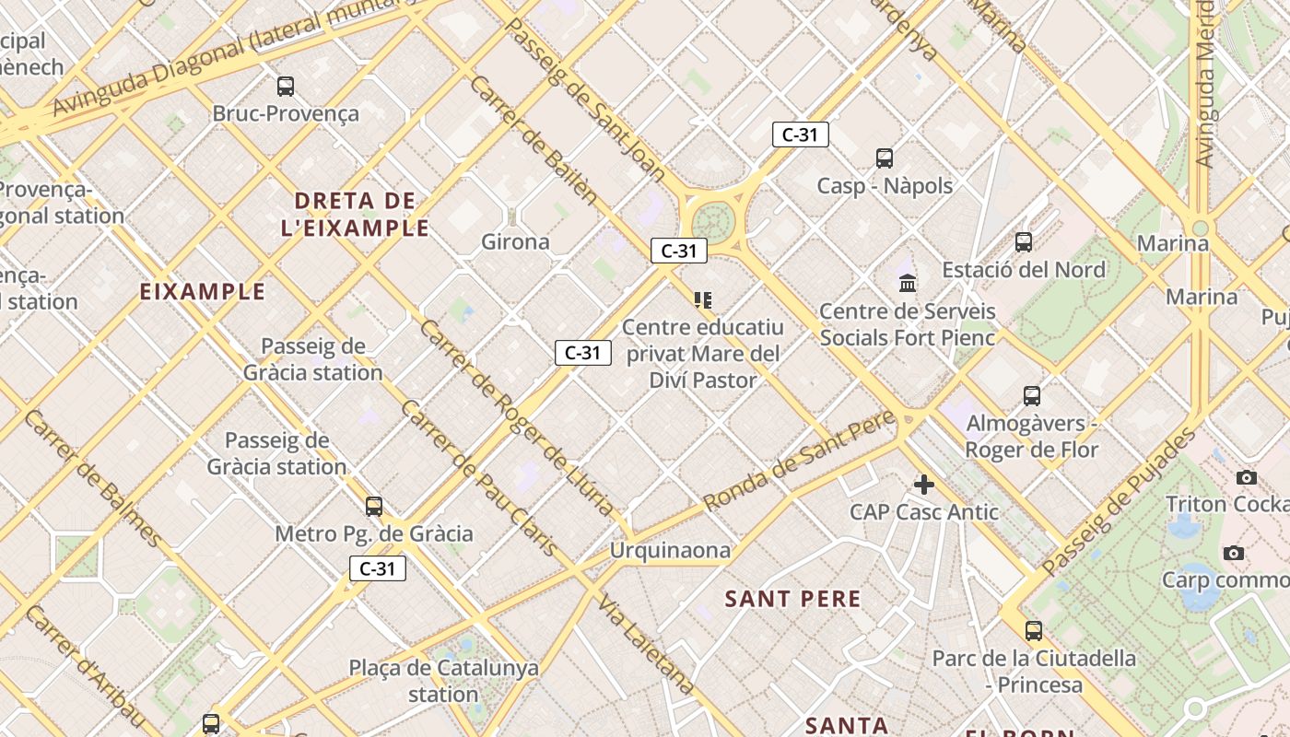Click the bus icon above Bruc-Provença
pyautogui.click(x=286, y=87)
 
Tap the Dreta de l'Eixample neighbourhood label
pyautogui.click(x=356, y=214)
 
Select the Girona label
pyautogui.click(x=515, y=242)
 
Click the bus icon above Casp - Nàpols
pyautogui.click(x=885, y=158)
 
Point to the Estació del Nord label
pyautogui.click(x=1023, y=270)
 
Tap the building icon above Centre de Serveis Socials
pyautogui.click(x=908, y=283)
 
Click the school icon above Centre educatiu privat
pyautogui.click(x=703, y=299)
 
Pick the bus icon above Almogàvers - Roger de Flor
pyautogui.click(x=1032, y=396)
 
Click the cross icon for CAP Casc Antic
pyautogui.click(x=923, y=485)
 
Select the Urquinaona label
pyautogui.click(x=670, y=551)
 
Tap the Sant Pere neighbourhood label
pyautogui.click(x=792, y=600)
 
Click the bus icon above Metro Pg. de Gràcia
pyautogui.click(x=373, y=507)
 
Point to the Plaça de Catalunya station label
pyautogui.click(x=443, y=681)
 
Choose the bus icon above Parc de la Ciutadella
pyautogui.click(x=1034, y=631)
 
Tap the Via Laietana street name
pyautogui.click(x=646, y=645)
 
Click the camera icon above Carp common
pyautogui.click(x=1233, y=554)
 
